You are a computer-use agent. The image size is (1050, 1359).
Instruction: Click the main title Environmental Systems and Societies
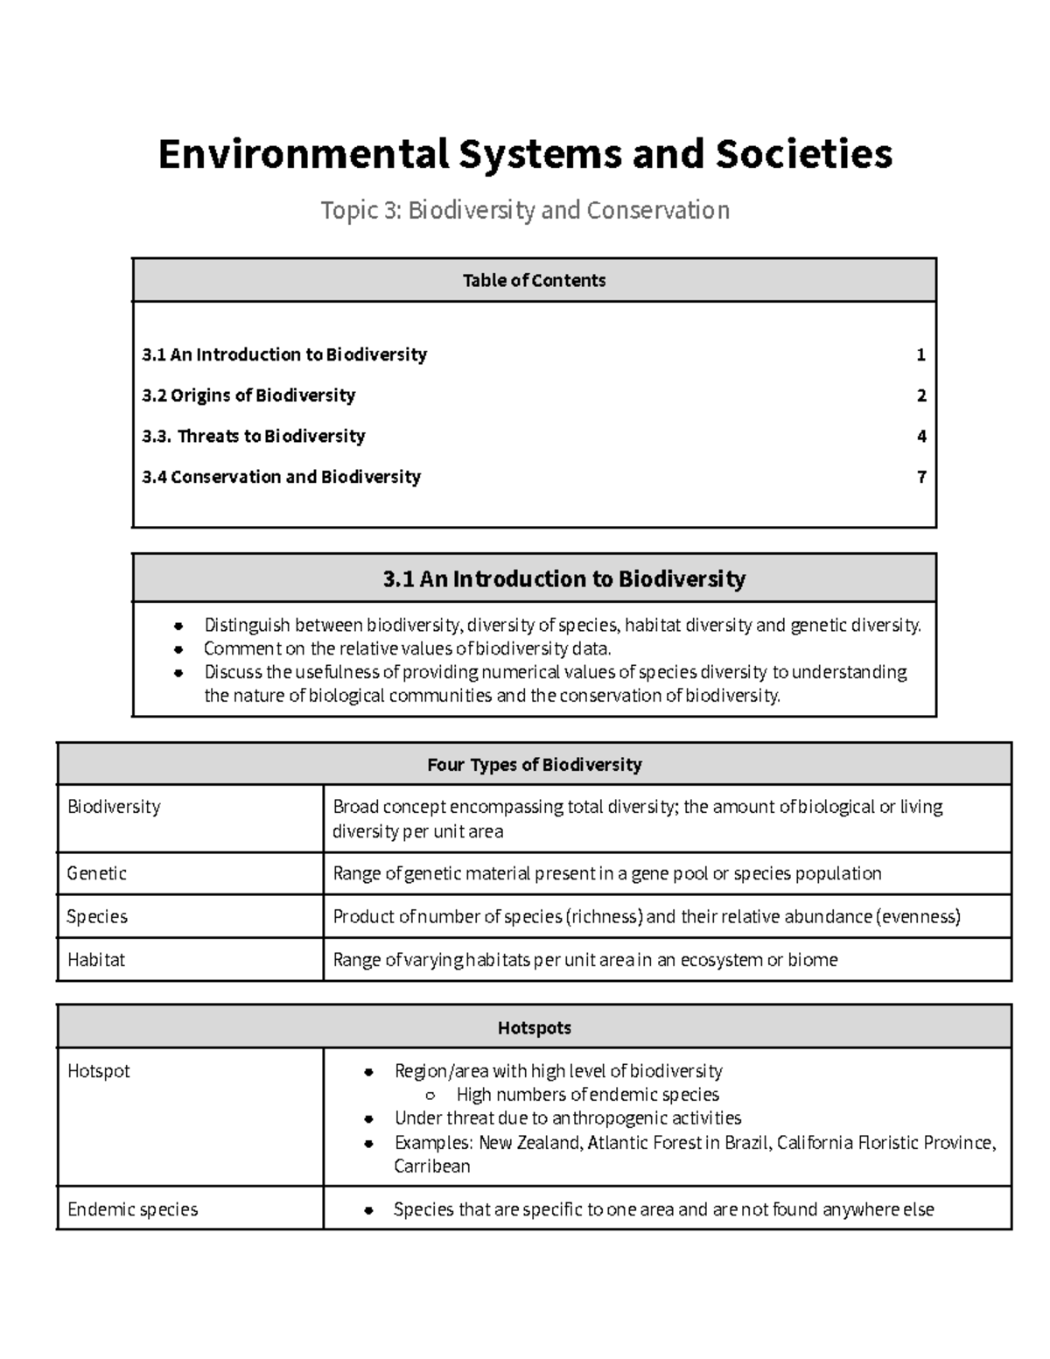[525, 154]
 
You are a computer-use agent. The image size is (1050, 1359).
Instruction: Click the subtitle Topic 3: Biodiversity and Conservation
[525, 211]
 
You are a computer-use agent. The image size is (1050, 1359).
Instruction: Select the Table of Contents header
[534, 280]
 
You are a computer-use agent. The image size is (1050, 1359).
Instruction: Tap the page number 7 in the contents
[920, 477]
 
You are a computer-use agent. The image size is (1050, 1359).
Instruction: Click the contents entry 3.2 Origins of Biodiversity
[248, 396]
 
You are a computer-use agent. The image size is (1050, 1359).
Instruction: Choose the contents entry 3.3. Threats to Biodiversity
[254, 436]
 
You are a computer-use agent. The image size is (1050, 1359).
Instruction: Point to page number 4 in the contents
[920, 436]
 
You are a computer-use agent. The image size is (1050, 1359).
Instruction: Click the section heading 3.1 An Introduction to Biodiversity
[564, 578]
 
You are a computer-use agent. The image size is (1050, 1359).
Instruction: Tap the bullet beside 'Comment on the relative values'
[178, 649]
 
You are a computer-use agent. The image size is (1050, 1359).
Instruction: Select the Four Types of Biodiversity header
[534, 765]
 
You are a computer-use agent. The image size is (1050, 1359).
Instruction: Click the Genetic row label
[97, 873]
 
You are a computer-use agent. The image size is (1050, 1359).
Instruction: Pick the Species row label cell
[97, 916]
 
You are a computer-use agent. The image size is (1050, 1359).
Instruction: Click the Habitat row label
[96, 960]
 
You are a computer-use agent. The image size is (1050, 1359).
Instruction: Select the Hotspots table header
[534, 1028]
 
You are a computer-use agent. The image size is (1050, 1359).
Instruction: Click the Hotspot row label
[99, 1071]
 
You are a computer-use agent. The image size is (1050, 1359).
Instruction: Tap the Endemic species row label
[133, 1209]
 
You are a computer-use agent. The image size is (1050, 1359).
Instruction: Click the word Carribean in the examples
[432, 1166]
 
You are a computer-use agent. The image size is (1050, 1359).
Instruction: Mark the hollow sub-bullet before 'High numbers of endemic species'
[430, 1096]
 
